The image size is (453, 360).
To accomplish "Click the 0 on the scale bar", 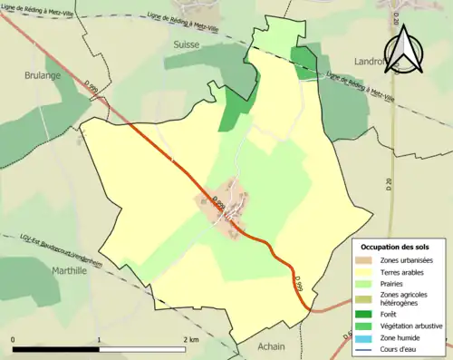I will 13,340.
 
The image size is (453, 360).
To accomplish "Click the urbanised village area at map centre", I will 226,204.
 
